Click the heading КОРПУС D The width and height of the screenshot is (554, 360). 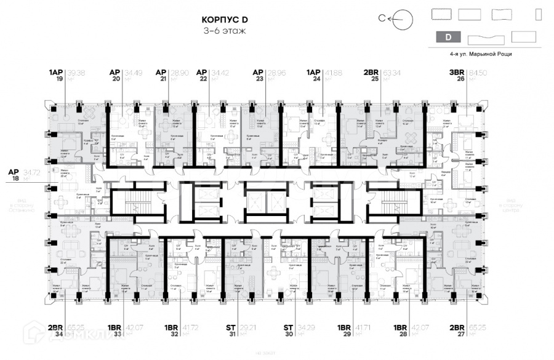pos(224,19)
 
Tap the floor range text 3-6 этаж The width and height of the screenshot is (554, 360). pos(224,31)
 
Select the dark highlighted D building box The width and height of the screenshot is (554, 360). pos(447,37)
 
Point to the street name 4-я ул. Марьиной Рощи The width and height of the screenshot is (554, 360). pos(481,54)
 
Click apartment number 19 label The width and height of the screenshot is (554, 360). pos(60,79)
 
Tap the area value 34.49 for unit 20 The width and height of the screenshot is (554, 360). pos(134,72)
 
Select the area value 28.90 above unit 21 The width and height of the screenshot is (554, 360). pos(181,72)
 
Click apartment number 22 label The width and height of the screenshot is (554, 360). pos(203,79)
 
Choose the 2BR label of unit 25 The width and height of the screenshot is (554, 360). pos(371,72)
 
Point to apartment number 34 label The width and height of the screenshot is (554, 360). pos(59,335)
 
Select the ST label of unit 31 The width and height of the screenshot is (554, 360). pos(231,327)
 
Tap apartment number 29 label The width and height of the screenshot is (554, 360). pos(346,335)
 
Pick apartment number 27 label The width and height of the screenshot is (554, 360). pos(457,335)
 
